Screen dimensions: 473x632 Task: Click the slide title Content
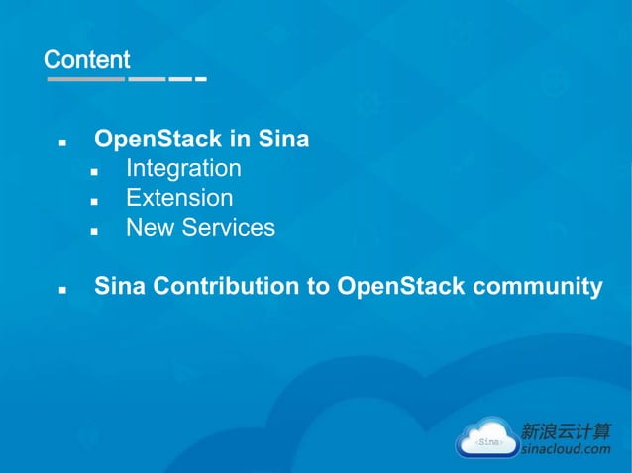(87, 59)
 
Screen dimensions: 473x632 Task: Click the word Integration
(183, 169)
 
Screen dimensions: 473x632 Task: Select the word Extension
(179, 198)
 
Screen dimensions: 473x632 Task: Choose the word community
(540, 287)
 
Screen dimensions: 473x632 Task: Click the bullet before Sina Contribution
(62, 290)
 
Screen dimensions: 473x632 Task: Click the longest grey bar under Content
(86, 78)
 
